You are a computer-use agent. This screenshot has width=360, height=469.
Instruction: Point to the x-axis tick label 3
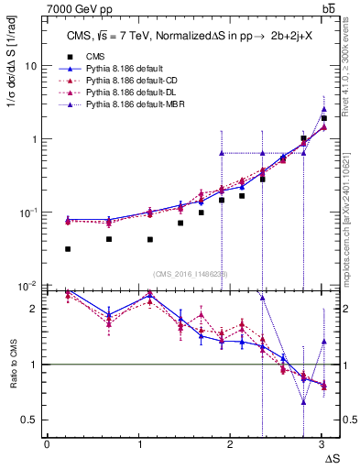click(x=322, y=444)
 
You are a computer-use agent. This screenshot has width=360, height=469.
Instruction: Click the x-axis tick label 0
click(x=47, y=444)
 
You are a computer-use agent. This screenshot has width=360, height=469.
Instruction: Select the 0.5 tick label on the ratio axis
click(x=29, y=420)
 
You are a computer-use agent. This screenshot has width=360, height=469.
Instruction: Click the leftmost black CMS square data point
click(x=68, y=249)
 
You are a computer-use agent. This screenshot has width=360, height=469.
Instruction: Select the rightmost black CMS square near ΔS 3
click(x=324, y=118)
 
